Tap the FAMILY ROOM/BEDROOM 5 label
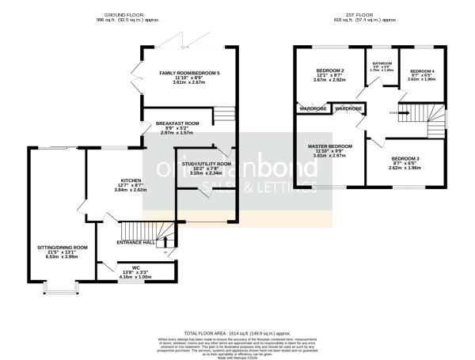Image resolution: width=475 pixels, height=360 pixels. [x=190, y=73]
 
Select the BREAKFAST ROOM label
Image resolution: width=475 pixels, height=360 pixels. [x=178, y=123]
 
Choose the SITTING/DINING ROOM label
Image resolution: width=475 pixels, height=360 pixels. [x=63, y=247]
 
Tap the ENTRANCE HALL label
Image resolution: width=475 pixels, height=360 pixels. [x=136, y=242]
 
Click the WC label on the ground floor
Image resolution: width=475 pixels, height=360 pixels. [x=135, y=267]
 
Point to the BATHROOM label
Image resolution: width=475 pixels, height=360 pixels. [x=383, y=63]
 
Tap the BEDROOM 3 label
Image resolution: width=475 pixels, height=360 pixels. [x=406, y=158]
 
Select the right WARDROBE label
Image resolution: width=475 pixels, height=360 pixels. [x=348, y=108]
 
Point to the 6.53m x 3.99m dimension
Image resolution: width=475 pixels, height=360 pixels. [x=63, y=256]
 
